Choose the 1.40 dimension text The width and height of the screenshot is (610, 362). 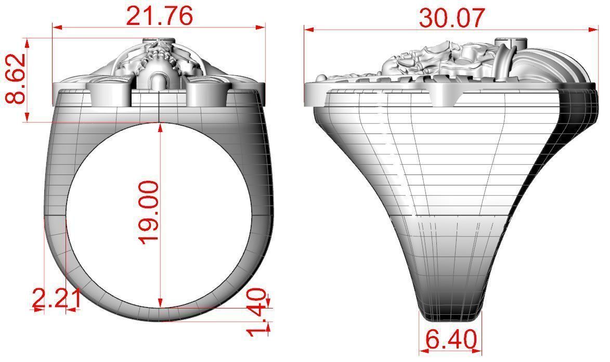coord(257,313)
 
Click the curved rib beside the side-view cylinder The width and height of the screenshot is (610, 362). coord(503,65)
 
